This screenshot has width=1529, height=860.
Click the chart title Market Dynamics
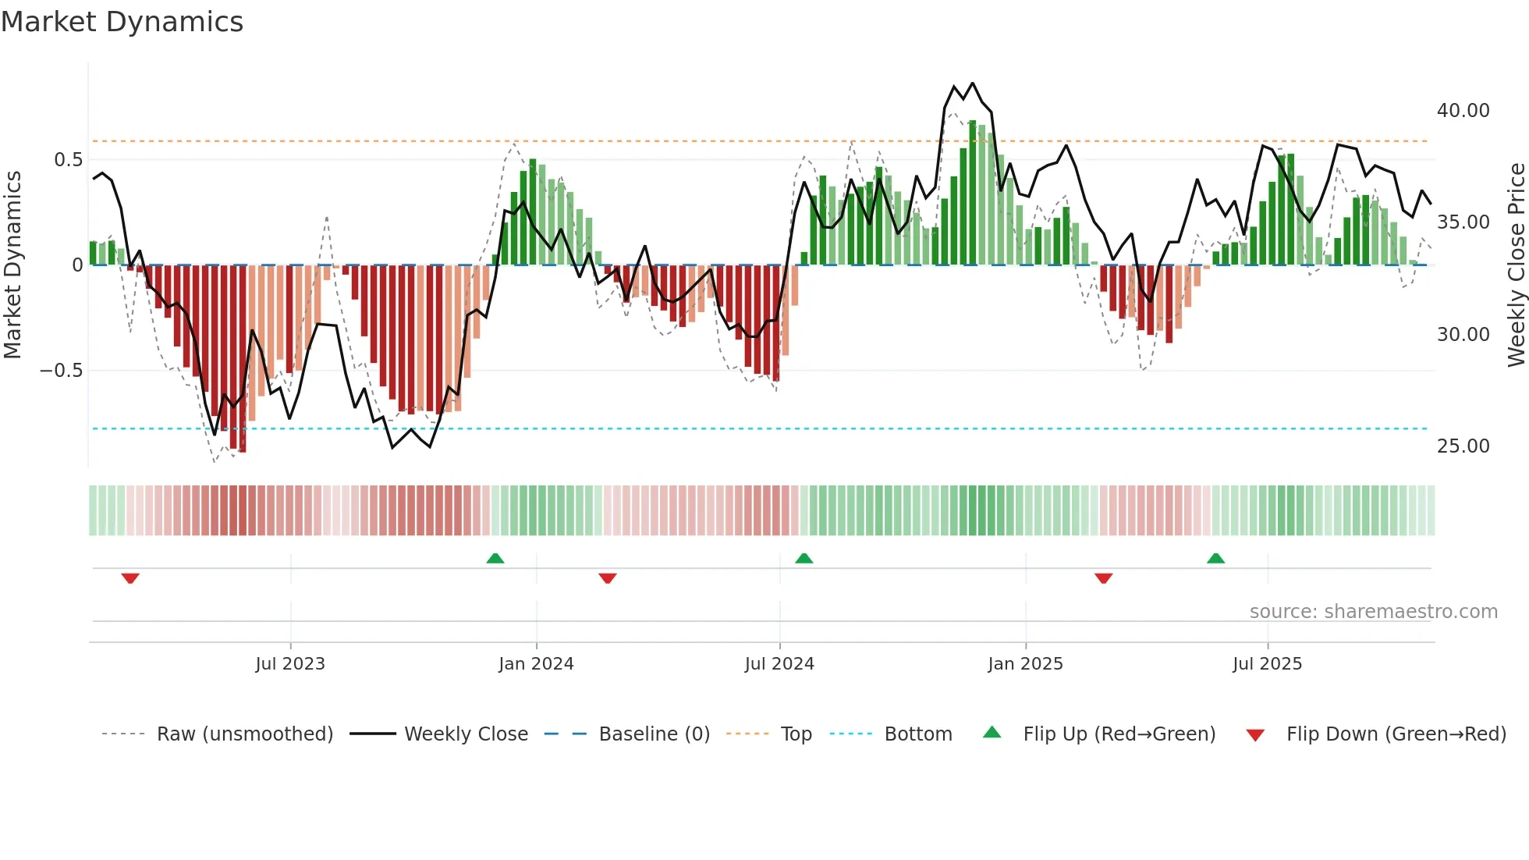pyautogui.click(x=122, y=22)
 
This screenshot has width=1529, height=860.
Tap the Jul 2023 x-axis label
pyautogui.click(x=289, y=664)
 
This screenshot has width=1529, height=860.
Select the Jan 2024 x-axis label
pyautogui.click(x=536, y=664)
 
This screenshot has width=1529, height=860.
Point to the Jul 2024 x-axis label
pyautogui.click(x=779, y=664)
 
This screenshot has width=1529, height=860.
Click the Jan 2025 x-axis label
pyautogui.click(x=1025, y=664)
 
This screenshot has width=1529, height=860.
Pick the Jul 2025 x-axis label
pyautogui.click(x=1267, y=664)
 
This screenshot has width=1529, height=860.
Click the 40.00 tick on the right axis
pyautogui.click(x=1463, y=111)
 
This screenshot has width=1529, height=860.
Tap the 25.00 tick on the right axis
pyautogui.click(x=1463, y=446)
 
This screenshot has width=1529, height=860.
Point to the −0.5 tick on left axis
pyautogui.click(x=61, y=371)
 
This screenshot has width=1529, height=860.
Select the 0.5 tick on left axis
pyautogui.click(x=68, y=160)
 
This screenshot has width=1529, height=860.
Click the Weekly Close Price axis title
pyautogui.click(x=1516, y=265)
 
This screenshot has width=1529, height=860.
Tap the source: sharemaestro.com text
pyautogui.click(x=1373, y=612)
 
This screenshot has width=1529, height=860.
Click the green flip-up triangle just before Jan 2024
pyautogui.click(x=495, y=558)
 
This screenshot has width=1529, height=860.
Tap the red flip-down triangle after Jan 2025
pyautogui.click(x=1103, y=578)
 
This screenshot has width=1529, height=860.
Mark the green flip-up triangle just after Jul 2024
pyautogui.click(x=804, y=558)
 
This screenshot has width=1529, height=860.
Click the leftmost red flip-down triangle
pyautogui.click(x=130, y=578)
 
